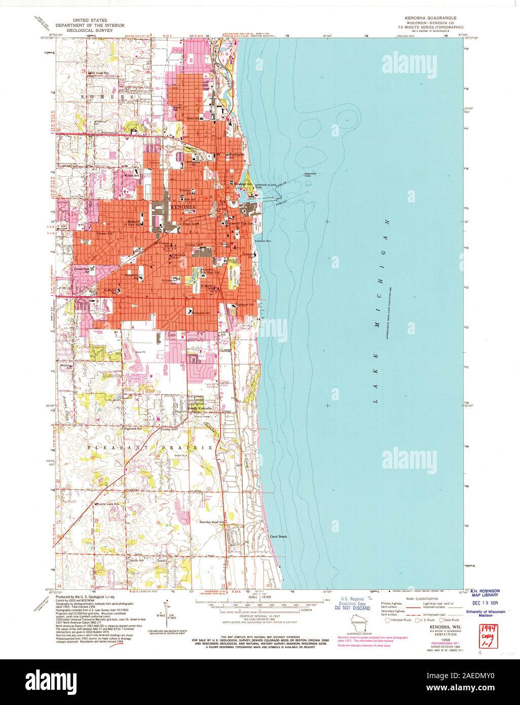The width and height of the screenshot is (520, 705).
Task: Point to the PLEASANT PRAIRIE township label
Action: coord(150,448)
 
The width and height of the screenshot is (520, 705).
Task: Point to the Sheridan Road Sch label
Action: coord(211,521)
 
